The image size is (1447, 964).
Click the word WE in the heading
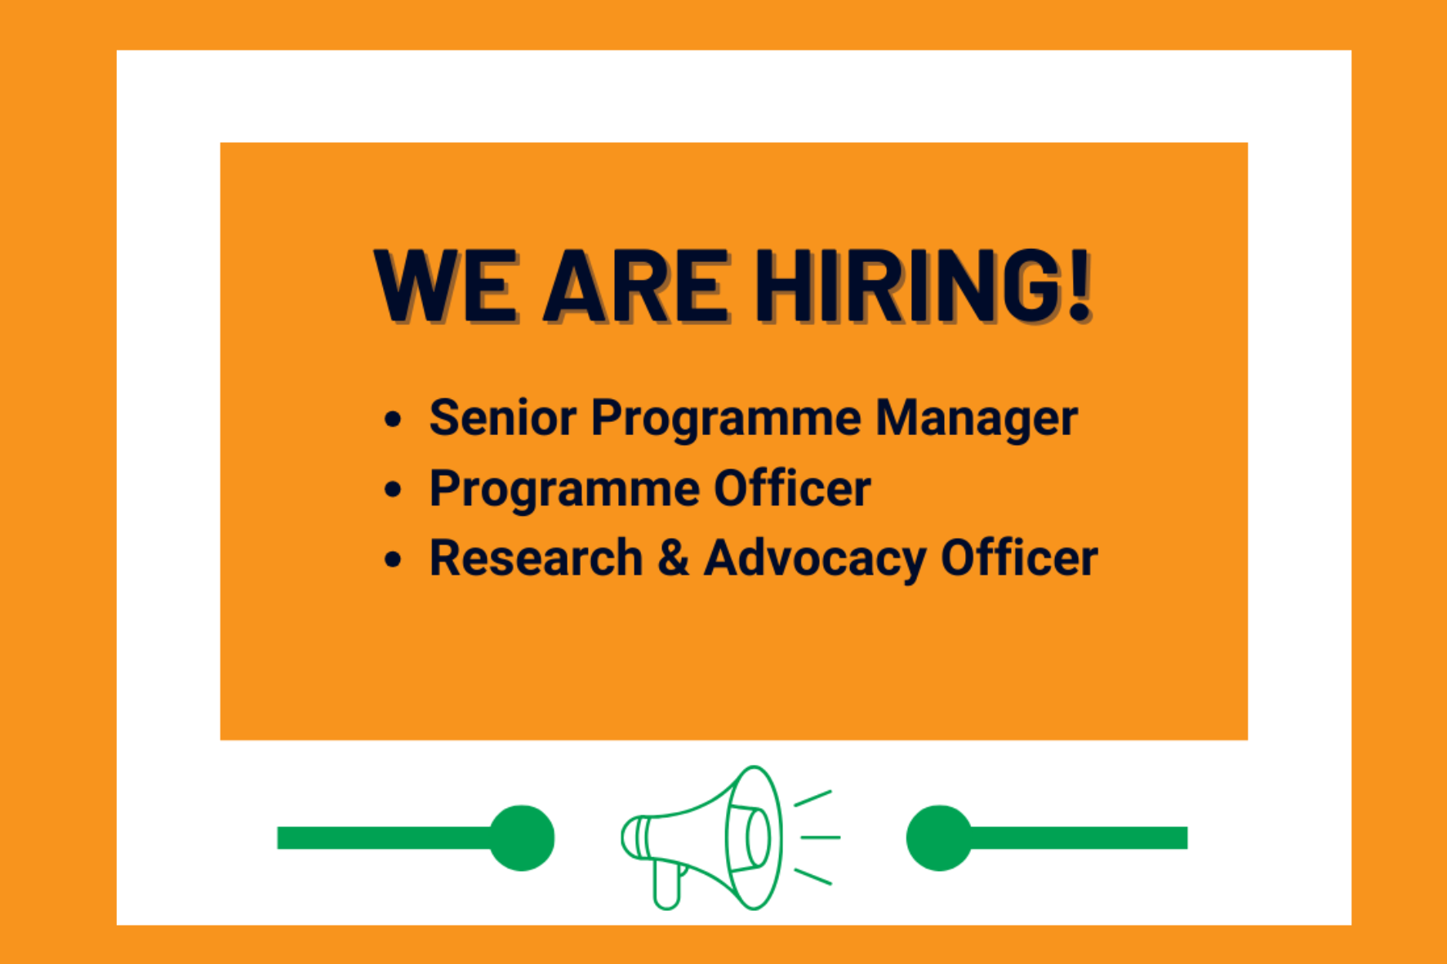(445, 286)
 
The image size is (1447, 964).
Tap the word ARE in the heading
(634, 286)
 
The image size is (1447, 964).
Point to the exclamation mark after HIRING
(1080, 286)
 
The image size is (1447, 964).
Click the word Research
(536, 558)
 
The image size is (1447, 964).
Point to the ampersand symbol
(673, 558)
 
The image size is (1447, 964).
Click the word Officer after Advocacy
(1019, 558)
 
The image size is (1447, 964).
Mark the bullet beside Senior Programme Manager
(394, 420)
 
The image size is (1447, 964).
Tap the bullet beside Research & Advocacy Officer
(394, 560)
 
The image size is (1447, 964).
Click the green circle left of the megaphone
(522, 838)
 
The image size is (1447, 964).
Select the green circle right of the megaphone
(939, 838)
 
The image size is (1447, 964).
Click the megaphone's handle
(667, 886)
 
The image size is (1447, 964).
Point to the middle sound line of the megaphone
(820, 837)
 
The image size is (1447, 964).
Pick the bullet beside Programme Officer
(394, 490)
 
